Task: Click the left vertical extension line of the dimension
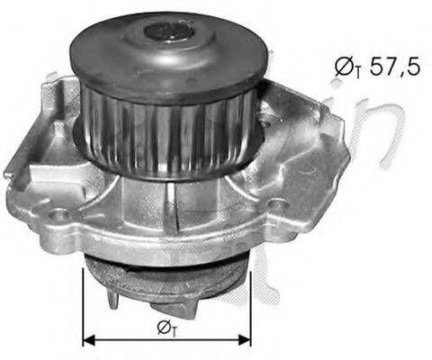point(83,306)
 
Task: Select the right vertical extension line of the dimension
point(250,306)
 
